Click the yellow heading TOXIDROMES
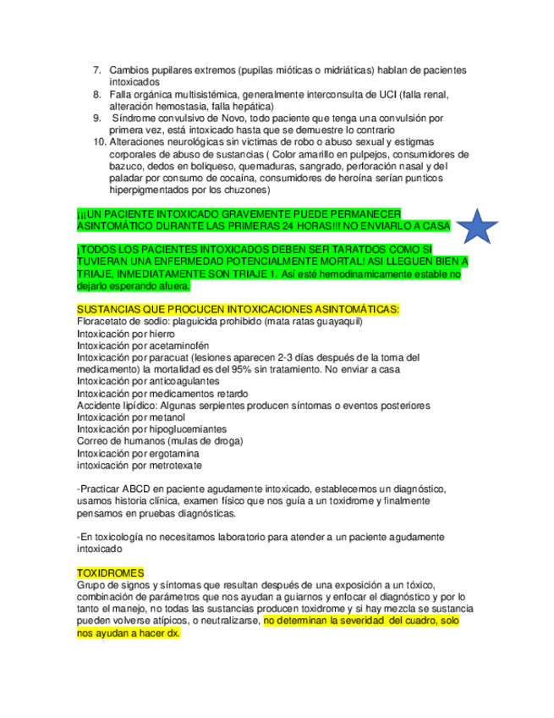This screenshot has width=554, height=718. (110, 573)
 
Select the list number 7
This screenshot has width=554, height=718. (97, 70)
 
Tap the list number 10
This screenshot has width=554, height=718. (97, 143)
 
